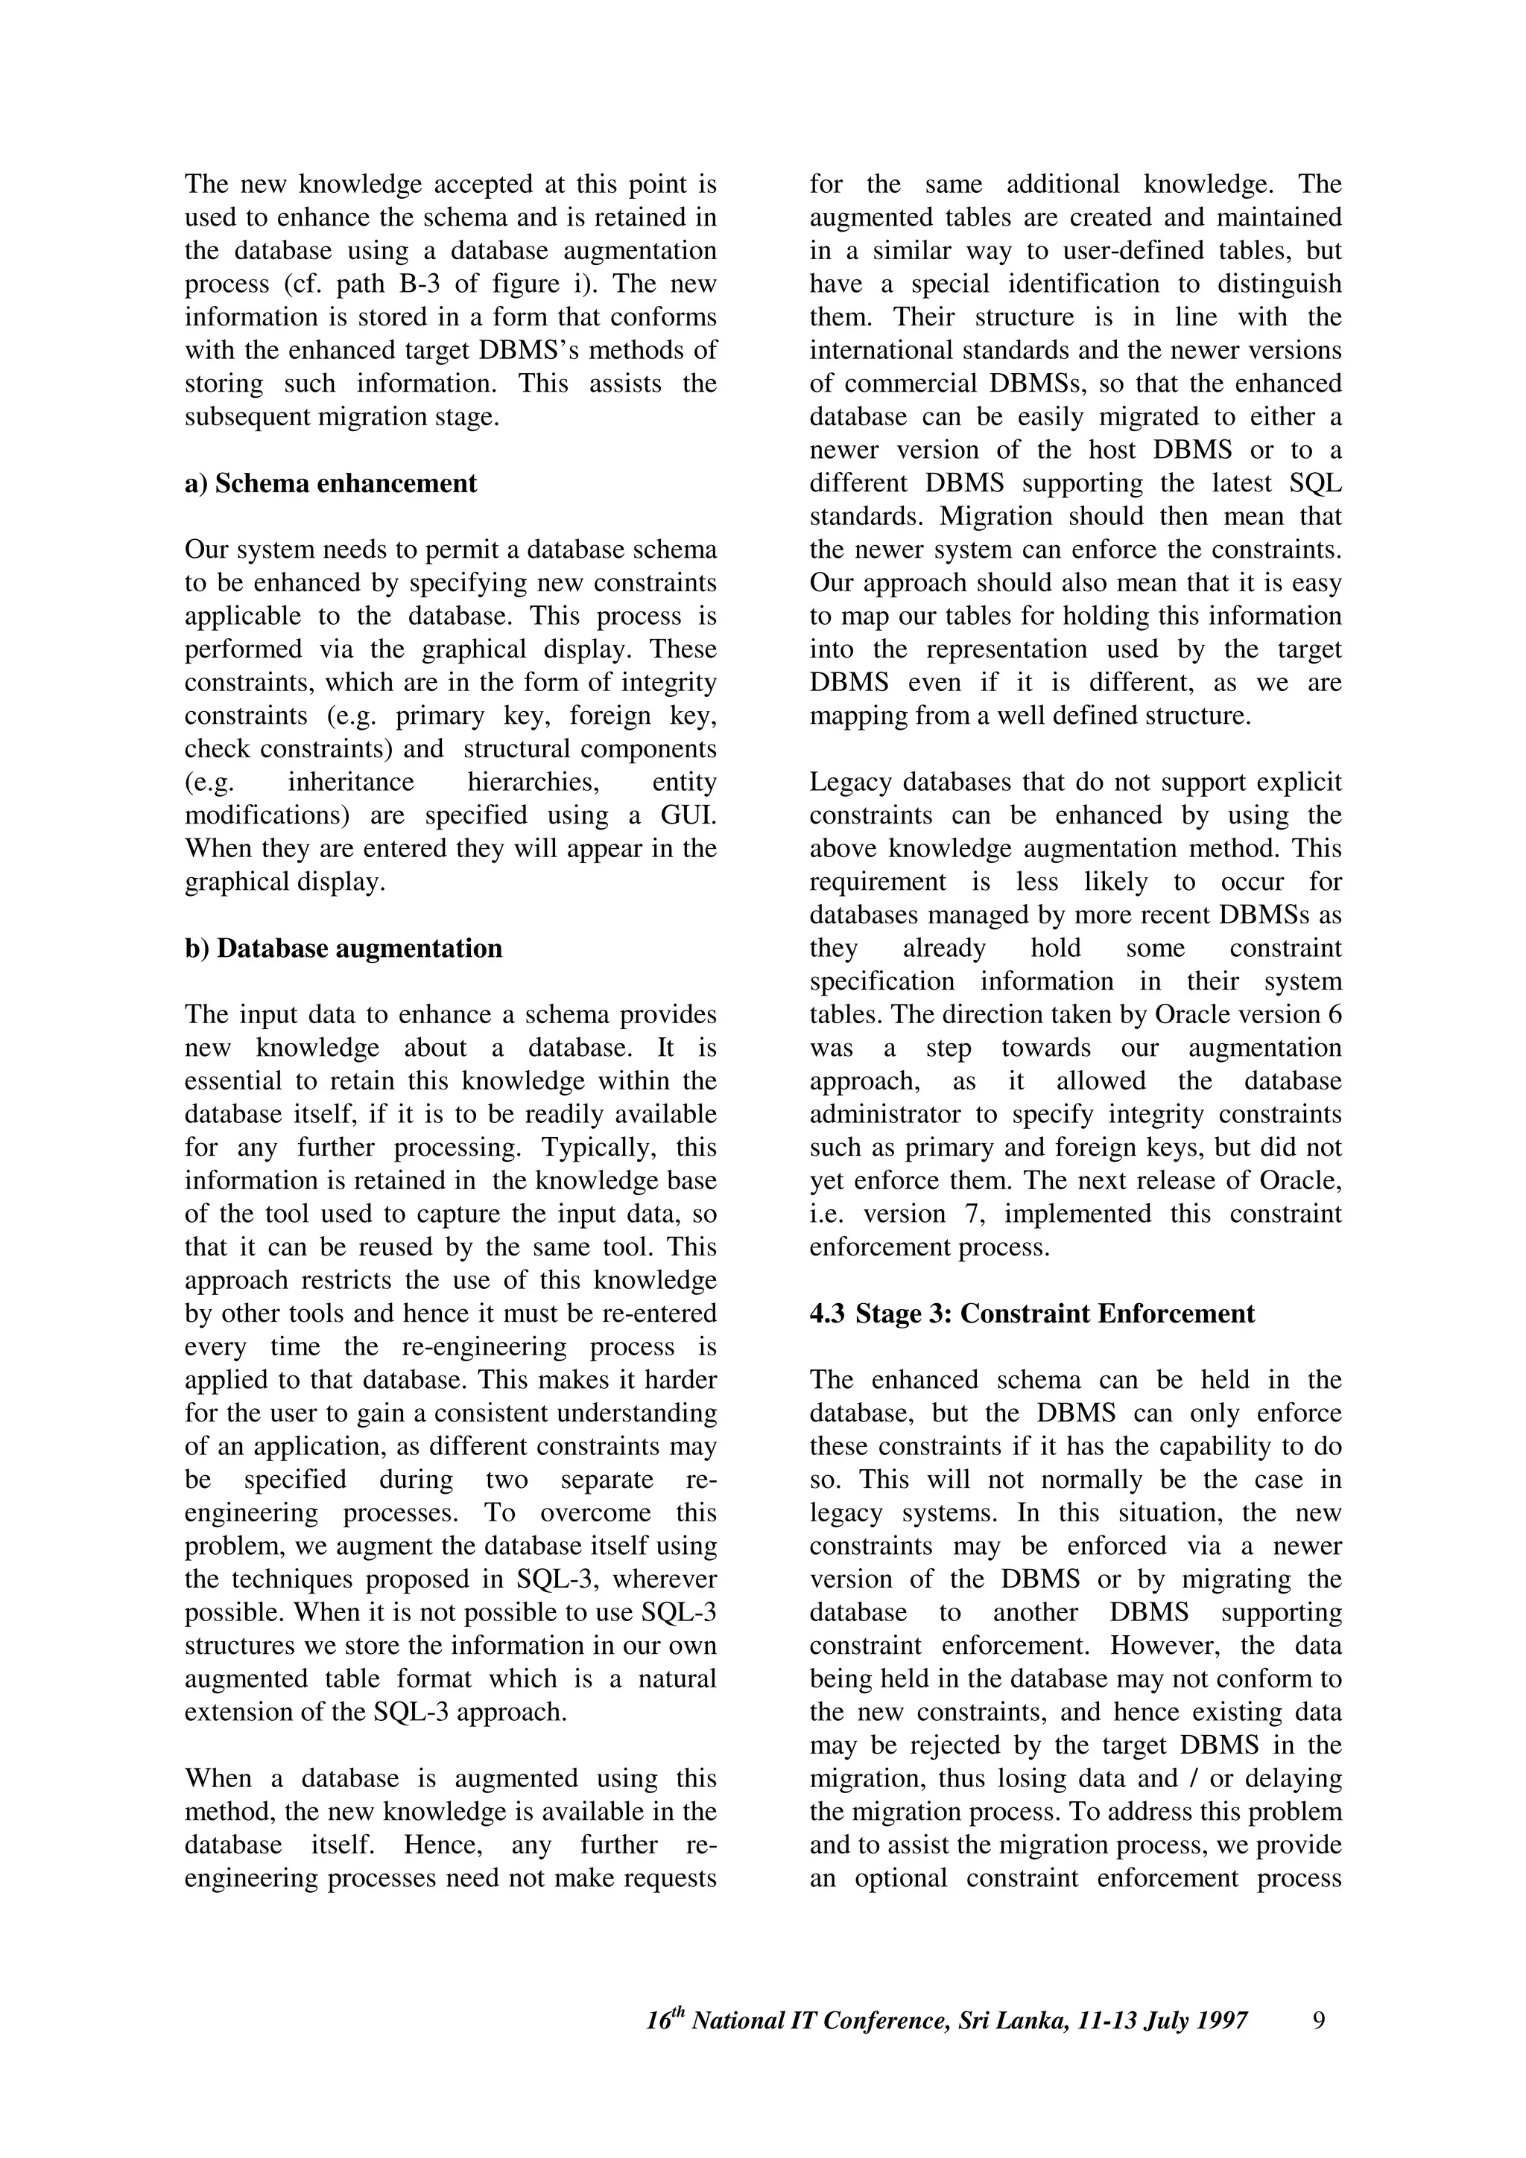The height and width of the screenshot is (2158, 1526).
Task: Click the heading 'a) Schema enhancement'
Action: pyautogui.click(x=330, y=484)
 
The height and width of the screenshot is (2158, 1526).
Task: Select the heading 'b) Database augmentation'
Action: pyautogui.click(x=343, y=949)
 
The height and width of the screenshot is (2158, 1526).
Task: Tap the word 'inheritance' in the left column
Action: pyautogui.click(x=351, y=782)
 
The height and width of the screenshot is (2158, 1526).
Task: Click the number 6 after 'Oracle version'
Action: pyautogui.click(x=1335, y=1015)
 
